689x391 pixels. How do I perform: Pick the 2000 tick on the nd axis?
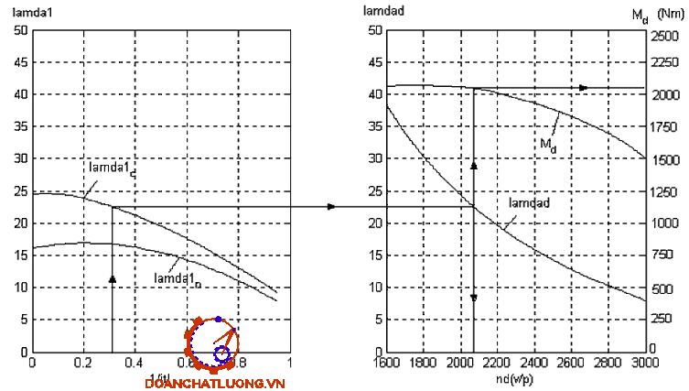click(x=458, y=363)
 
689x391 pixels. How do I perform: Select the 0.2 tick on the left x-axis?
click(x=83, y=363)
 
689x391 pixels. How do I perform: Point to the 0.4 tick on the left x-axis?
click(x=135, y=363)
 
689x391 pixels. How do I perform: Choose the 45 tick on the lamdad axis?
click(x=373, y=62)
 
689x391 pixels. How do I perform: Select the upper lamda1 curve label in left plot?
click(x=112, y=169)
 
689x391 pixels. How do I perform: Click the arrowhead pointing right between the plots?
click(x=331, y=206)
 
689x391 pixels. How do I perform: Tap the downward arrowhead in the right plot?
click(x=473, y=299)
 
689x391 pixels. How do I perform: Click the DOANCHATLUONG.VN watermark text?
click(x=216, y=384)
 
